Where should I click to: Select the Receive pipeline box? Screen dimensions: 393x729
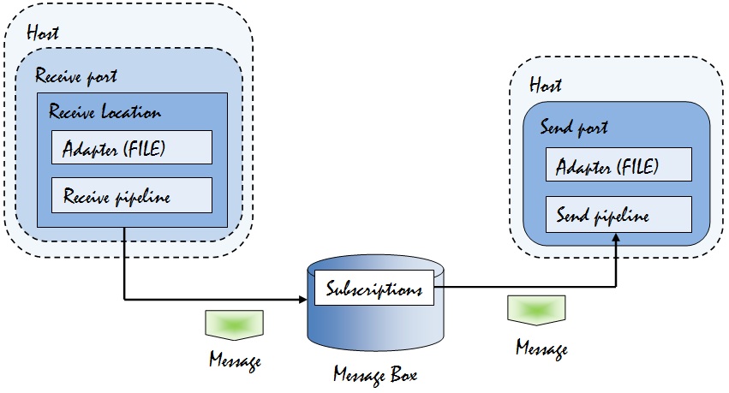pos(131,196)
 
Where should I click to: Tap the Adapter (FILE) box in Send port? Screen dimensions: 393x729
pos(618,165)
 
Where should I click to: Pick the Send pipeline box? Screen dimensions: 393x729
pos(618,214)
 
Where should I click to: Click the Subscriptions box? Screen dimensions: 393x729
pos(374,289)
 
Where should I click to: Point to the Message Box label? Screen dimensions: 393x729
pos(373,374)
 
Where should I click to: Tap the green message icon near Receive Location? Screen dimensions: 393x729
pos(234,323)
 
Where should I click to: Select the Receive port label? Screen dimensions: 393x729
pos(76,76)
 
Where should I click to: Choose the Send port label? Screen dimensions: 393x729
pos(574,128)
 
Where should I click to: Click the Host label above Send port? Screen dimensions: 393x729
pos(546,86)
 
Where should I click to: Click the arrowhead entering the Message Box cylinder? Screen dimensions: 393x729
pos(303,299)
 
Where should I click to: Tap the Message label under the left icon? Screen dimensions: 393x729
pos(235,360)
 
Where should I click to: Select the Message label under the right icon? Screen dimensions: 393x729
pos(541,348)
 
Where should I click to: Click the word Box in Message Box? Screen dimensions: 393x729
pos(399,374)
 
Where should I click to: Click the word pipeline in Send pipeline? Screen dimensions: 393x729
pos(618,215)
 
